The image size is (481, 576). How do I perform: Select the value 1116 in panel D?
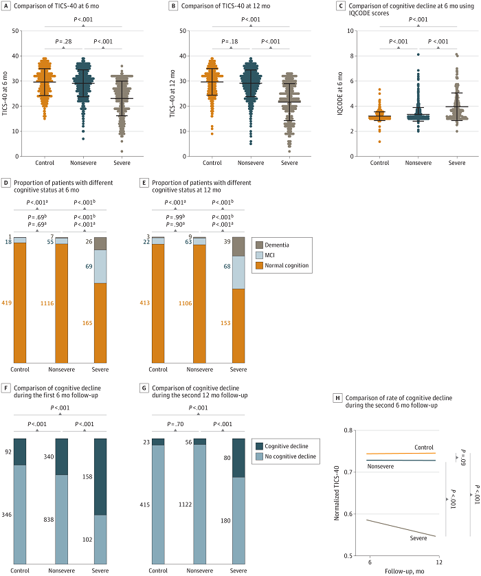[x=47, y=303]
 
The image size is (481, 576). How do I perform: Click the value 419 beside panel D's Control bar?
[x=7, y=302]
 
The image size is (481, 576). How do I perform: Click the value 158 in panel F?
[x=87, y=476]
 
